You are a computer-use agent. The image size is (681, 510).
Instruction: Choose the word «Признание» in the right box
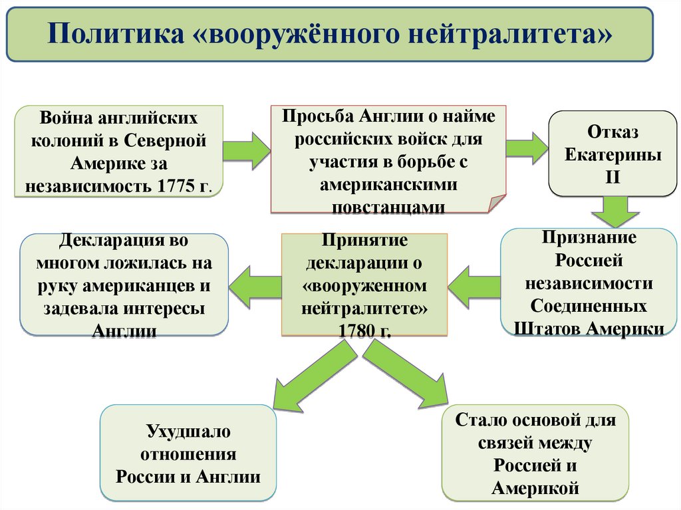pos(589,237)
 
